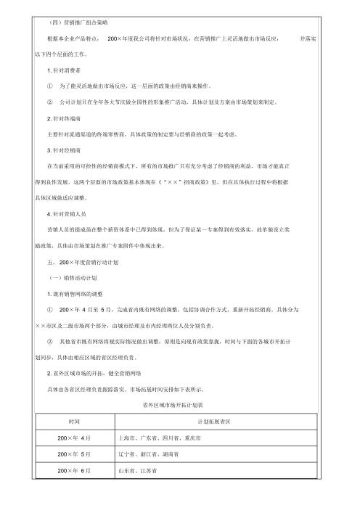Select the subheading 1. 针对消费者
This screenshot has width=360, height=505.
coord(62,69)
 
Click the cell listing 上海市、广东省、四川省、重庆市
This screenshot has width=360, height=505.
coord(157,438)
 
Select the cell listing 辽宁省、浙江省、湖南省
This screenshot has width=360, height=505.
coord(148,455)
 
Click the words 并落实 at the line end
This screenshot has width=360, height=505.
coord(308,37)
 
